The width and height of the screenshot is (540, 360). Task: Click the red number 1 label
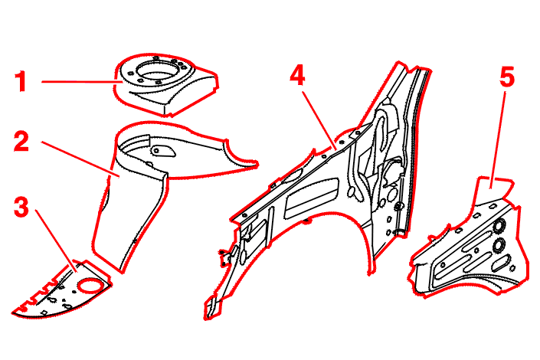21,81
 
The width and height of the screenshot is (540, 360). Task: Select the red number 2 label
21,141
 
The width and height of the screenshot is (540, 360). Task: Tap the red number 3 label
21,207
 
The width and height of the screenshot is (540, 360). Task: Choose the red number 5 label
507,77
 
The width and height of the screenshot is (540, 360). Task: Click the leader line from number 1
82,82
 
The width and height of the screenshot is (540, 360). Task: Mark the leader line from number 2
80,159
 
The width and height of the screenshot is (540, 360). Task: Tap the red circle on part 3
90,285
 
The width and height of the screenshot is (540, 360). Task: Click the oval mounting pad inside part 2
162,150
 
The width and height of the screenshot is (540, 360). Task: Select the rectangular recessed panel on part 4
311,198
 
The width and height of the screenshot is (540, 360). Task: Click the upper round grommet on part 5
499,225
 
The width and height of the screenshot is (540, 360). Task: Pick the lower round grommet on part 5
499,245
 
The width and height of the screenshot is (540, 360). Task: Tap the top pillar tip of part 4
400,64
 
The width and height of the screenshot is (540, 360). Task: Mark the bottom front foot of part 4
211,309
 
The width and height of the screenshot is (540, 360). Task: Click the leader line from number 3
56,241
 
